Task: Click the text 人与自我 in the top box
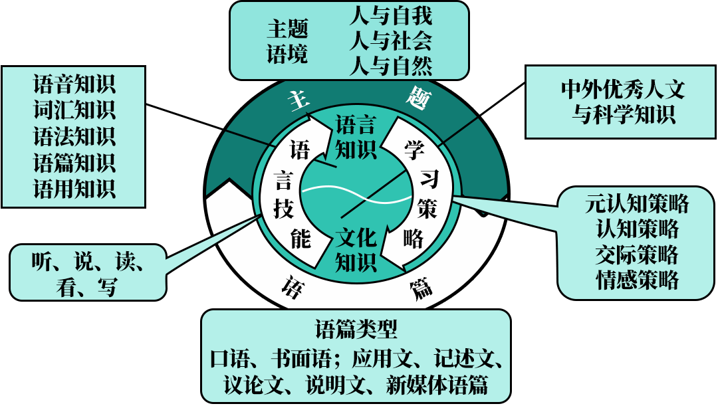click(x=390, y=15)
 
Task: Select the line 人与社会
click(x=390, y=41)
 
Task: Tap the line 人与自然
click(x=390, y=66)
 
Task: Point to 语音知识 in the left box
click(x=74, y=84)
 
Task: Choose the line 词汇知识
click(x=74, y=110)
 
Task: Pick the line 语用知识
click(x=74, y=188)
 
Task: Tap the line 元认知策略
click(x=637, y=203)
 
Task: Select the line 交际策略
click(x=637, y=254)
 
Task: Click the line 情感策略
click(x=637, y=280)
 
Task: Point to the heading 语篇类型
click(x=356, y=328)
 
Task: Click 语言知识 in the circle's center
click(x=356, y=137)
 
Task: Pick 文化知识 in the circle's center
click(x=356, y=249)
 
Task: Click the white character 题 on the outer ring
click(x=419, y=99)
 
